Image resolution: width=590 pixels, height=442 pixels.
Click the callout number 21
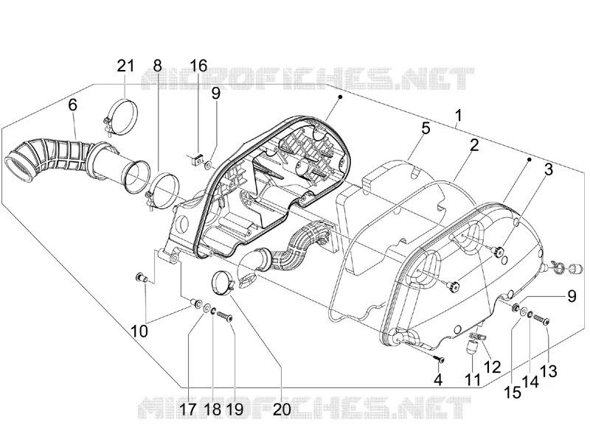pos(125,66)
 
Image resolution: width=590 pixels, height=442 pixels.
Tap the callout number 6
pos(72,105)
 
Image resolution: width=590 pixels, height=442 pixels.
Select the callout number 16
pos(198,66)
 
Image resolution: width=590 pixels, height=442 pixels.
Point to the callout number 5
pos(426,128)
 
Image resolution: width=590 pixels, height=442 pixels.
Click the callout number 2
pos(474,145)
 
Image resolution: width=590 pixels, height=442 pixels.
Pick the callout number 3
pos(549,169)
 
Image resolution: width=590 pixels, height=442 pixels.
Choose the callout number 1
pos(458,116)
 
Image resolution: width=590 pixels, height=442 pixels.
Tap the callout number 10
pos(139,331)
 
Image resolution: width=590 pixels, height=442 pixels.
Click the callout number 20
pos(282,410)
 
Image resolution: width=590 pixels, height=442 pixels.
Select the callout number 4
pos(438,380)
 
